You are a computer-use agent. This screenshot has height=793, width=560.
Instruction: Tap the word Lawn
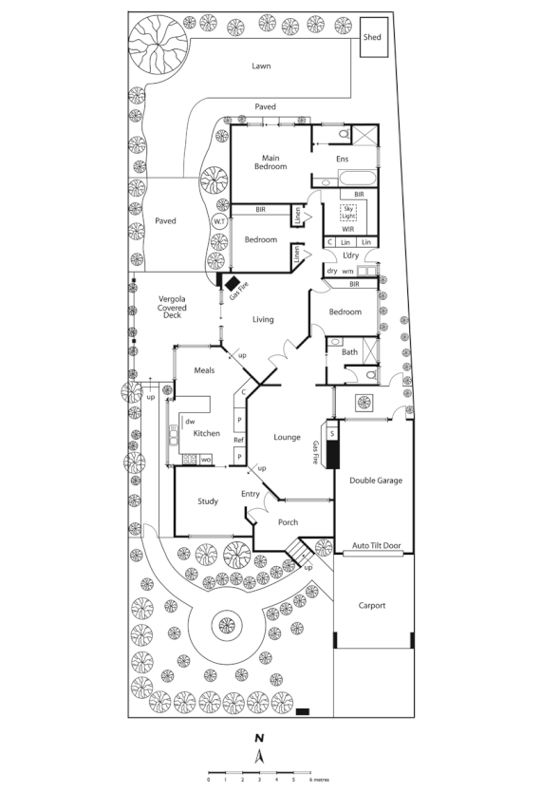[x=262, y=66]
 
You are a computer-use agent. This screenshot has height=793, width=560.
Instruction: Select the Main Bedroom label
[x=270, y=162]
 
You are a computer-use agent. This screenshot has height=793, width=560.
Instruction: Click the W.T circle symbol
[x=219, y=221]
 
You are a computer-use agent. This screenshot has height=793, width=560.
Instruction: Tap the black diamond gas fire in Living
[x=230, y=281]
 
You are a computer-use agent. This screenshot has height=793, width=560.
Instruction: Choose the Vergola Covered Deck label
[x=172, y=307]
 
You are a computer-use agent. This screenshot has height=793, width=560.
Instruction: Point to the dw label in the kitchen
[x=190, y=421]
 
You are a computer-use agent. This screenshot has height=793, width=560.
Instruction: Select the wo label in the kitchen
[x=205, y=460]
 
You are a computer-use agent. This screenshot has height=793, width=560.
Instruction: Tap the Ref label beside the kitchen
[x=239, y=441]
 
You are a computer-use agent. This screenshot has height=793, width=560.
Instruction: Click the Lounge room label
[x=287, y=437]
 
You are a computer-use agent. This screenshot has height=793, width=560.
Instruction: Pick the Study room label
[x=208, y=501]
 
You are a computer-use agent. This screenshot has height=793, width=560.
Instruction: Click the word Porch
[x=288, y=523]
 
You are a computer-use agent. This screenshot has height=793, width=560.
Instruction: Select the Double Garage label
[x=375, y=481]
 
